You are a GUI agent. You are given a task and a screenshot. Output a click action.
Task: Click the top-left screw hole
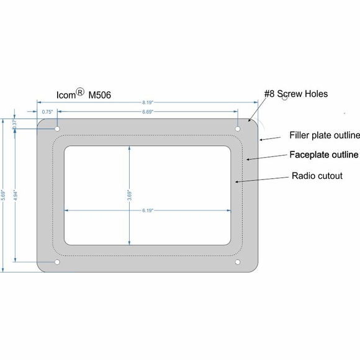pyautogui.click(x=58, y=128)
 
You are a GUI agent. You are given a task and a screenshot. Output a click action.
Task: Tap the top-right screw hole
pyautogui.click(x=238, y=128)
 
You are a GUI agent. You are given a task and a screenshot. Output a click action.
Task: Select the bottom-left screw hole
pyautogui.click(x=58, y=263)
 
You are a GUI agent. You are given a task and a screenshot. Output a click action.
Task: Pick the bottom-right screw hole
pyautogui.click(x=238, y=263)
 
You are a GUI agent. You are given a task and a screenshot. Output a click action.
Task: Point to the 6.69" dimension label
pyautogui.click(x=147, y=112)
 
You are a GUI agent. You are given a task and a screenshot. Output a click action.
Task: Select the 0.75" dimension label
pyautogui.click(x=47, y=112)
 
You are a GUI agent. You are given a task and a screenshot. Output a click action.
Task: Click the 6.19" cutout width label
pyautogui.click(x=147, y=210)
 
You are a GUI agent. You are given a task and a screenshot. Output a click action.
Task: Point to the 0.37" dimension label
pyautogui.click(x=14, y=124)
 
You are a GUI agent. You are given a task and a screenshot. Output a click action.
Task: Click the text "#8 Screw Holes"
pyautogui.click(x=295, y=94)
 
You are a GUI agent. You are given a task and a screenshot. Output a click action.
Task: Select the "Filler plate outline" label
pyautogui.click(x=324, y=135)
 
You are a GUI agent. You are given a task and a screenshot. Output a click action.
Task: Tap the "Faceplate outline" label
pyautogui.click(x=323, y=155)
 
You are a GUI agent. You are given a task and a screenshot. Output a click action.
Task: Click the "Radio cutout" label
pyautogui.click(x=317, y=176)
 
